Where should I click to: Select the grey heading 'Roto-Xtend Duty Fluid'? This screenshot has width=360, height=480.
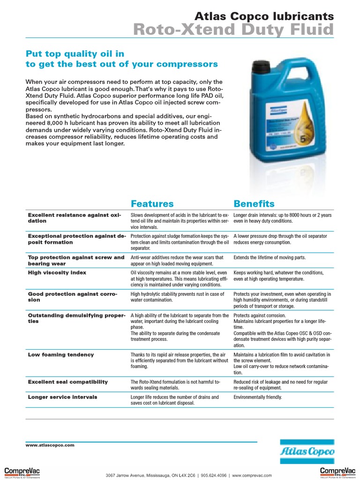tap(233, 30)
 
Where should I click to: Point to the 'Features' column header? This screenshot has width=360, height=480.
tap(152, 203)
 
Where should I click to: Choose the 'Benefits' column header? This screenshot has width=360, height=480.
tap(254, 203)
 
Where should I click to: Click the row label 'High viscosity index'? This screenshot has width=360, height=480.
tap(57, 272)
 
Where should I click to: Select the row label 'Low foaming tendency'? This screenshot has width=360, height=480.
tap(61, 355)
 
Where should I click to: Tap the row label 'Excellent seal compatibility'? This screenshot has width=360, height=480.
tap(68, 382)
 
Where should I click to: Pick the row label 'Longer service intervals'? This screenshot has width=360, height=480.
tap(63, 397)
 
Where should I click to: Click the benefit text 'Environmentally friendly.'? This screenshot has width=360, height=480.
tap(258, 397)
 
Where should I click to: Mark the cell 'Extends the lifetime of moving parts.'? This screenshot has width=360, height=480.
tap(270, 258)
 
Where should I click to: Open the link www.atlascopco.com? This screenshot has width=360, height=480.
tap(50, 445)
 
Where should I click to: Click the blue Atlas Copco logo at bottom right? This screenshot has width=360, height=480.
tap(307, 452)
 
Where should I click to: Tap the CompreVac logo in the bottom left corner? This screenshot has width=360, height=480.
tap(22, 472)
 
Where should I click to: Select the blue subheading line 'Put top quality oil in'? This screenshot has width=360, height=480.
tap(75, 53)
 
